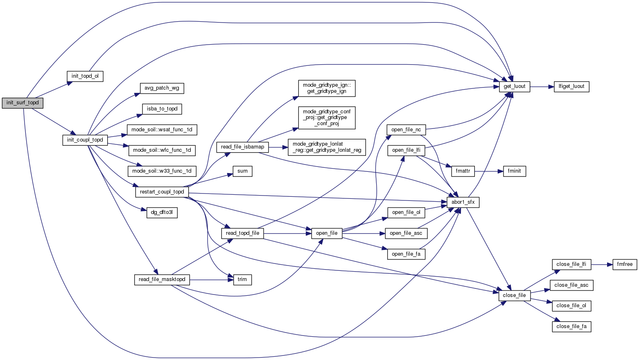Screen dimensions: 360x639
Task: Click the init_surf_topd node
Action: (23, 103)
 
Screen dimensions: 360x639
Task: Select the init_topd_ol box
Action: (85, 76)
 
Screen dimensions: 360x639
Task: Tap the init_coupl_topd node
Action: (85, 140)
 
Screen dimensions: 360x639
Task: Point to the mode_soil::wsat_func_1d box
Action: (162, 130)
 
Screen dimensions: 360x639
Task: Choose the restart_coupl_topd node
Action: (162, 192)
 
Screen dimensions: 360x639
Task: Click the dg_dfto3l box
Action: (162, 213)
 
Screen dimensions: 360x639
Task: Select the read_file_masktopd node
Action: (162, 279)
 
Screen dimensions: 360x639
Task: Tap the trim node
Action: (242, 279)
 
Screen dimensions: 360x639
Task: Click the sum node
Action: (242, 171)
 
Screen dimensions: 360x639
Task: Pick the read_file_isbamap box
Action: (242, 147)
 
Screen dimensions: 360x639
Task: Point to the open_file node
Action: (327, 233)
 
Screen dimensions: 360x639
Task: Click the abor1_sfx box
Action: (463, 202)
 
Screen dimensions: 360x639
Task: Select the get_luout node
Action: (515, 87)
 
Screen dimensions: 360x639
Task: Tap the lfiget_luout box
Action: (571, 87)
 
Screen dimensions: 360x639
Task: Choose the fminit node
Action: (514, 171)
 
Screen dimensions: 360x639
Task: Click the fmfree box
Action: (625, 264)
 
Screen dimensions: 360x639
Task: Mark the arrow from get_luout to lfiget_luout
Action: (542, 87)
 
